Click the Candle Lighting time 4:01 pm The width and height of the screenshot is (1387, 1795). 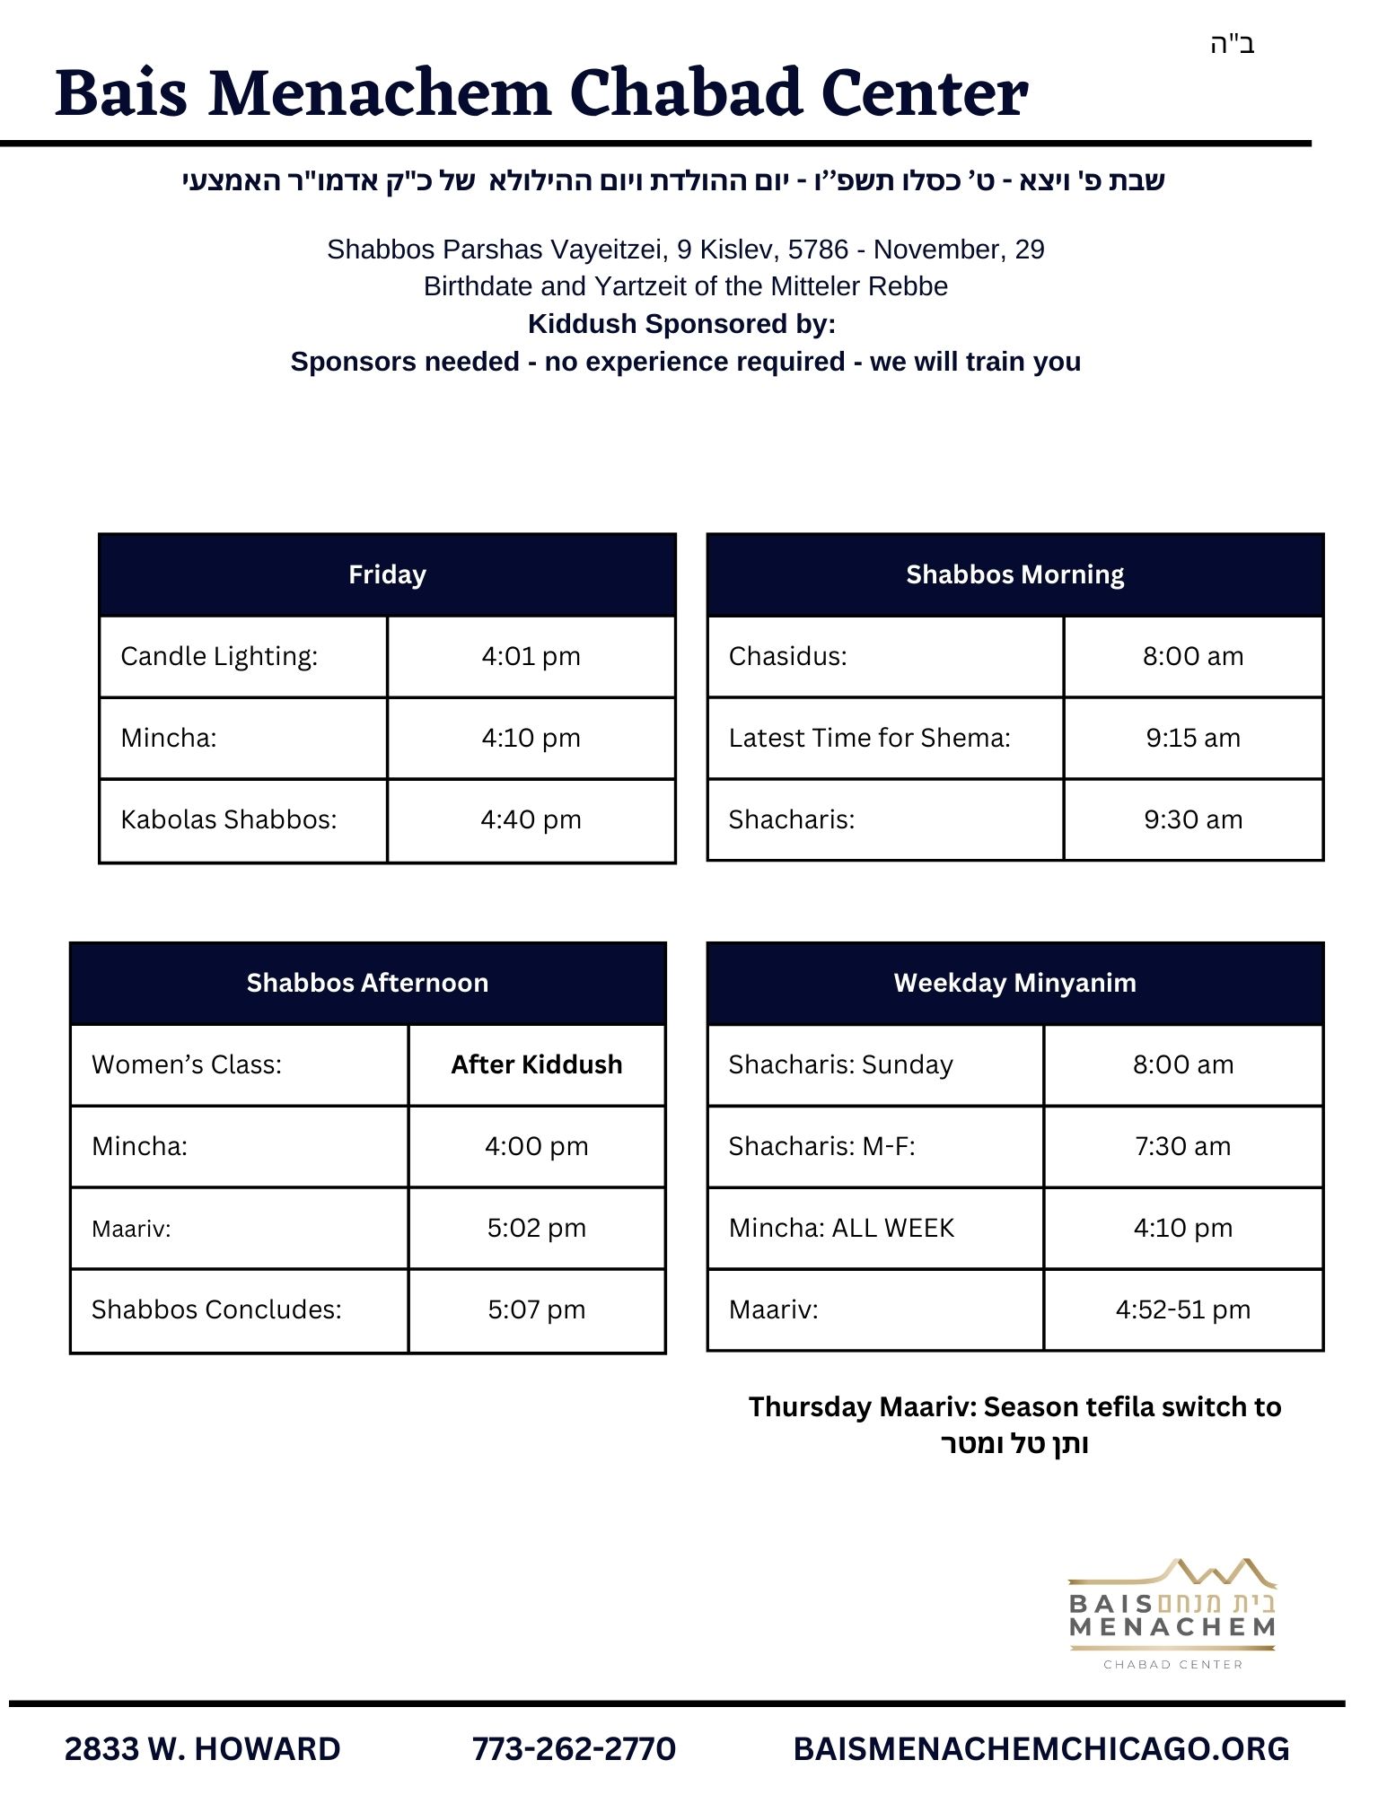coord(531,656)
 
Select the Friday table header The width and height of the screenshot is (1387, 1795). coord(387,574)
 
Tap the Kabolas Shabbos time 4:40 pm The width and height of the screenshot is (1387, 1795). coord(531,819)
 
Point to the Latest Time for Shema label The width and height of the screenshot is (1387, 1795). coord(869,738)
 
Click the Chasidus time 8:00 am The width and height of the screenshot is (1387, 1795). coord(1192,656)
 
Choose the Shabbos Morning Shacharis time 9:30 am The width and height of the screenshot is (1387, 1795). coord(1192,819)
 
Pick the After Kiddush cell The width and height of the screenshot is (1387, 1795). coord(536,1064)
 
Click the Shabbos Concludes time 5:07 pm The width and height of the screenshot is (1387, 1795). coord(536,1309)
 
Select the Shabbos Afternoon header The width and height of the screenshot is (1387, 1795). coord(367,983)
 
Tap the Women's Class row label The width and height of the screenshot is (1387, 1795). coord(187,1064)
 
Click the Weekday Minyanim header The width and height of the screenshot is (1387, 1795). coord(1014,983)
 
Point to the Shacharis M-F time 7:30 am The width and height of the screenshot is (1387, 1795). coord(1182,1146)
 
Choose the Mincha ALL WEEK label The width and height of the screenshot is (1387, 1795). coord(841,1228)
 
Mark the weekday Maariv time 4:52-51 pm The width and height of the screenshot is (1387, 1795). coord(1182,1309)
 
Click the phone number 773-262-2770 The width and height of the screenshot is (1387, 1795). coord(574,1748)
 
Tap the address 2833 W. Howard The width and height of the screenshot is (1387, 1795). coord(203,1748)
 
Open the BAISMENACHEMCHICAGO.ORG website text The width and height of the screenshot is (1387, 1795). coord(1041,1748)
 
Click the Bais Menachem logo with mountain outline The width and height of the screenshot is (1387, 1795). coord(1172,1614)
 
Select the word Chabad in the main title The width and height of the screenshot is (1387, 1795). coord(685,92)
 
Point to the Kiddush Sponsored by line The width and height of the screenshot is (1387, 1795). coord(681,323)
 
